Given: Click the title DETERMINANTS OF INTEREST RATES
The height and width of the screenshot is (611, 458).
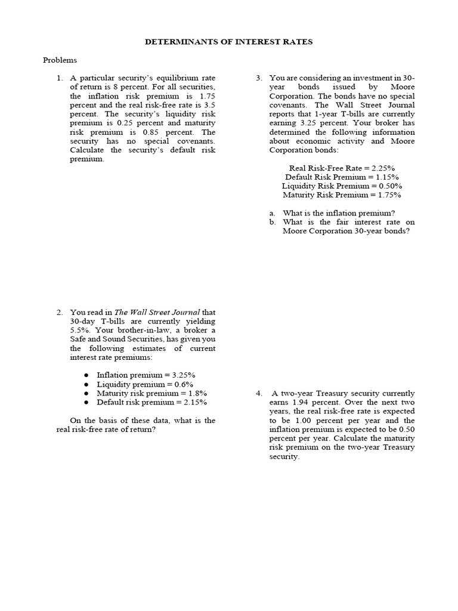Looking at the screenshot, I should pos(229,42).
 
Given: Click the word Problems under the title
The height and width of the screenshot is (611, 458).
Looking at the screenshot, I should pos(60,60).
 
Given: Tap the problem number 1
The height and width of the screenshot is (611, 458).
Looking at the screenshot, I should pos(59,78).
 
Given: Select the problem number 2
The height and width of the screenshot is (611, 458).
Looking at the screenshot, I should pos(59,312).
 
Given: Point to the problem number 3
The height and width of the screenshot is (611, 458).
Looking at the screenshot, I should pos(259,78).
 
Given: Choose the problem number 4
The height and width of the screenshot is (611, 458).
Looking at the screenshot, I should pos(259,394).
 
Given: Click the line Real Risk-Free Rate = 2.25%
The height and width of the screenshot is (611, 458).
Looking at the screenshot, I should pos(342,168).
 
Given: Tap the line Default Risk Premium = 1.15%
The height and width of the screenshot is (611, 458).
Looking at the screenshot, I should pos(342,177).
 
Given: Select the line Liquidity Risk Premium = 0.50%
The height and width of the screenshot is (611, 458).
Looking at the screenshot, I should pos(342,186).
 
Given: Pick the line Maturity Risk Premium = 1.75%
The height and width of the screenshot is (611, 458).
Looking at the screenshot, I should pos(342,195).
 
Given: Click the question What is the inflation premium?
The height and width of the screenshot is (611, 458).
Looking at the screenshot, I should pos(339,213).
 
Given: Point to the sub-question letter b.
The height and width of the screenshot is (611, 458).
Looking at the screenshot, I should pos(272,222).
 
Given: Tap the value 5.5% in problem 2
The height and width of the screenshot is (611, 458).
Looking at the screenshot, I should pos(79,330).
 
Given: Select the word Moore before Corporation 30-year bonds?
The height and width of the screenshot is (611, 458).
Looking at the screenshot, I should pos(295,231).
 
